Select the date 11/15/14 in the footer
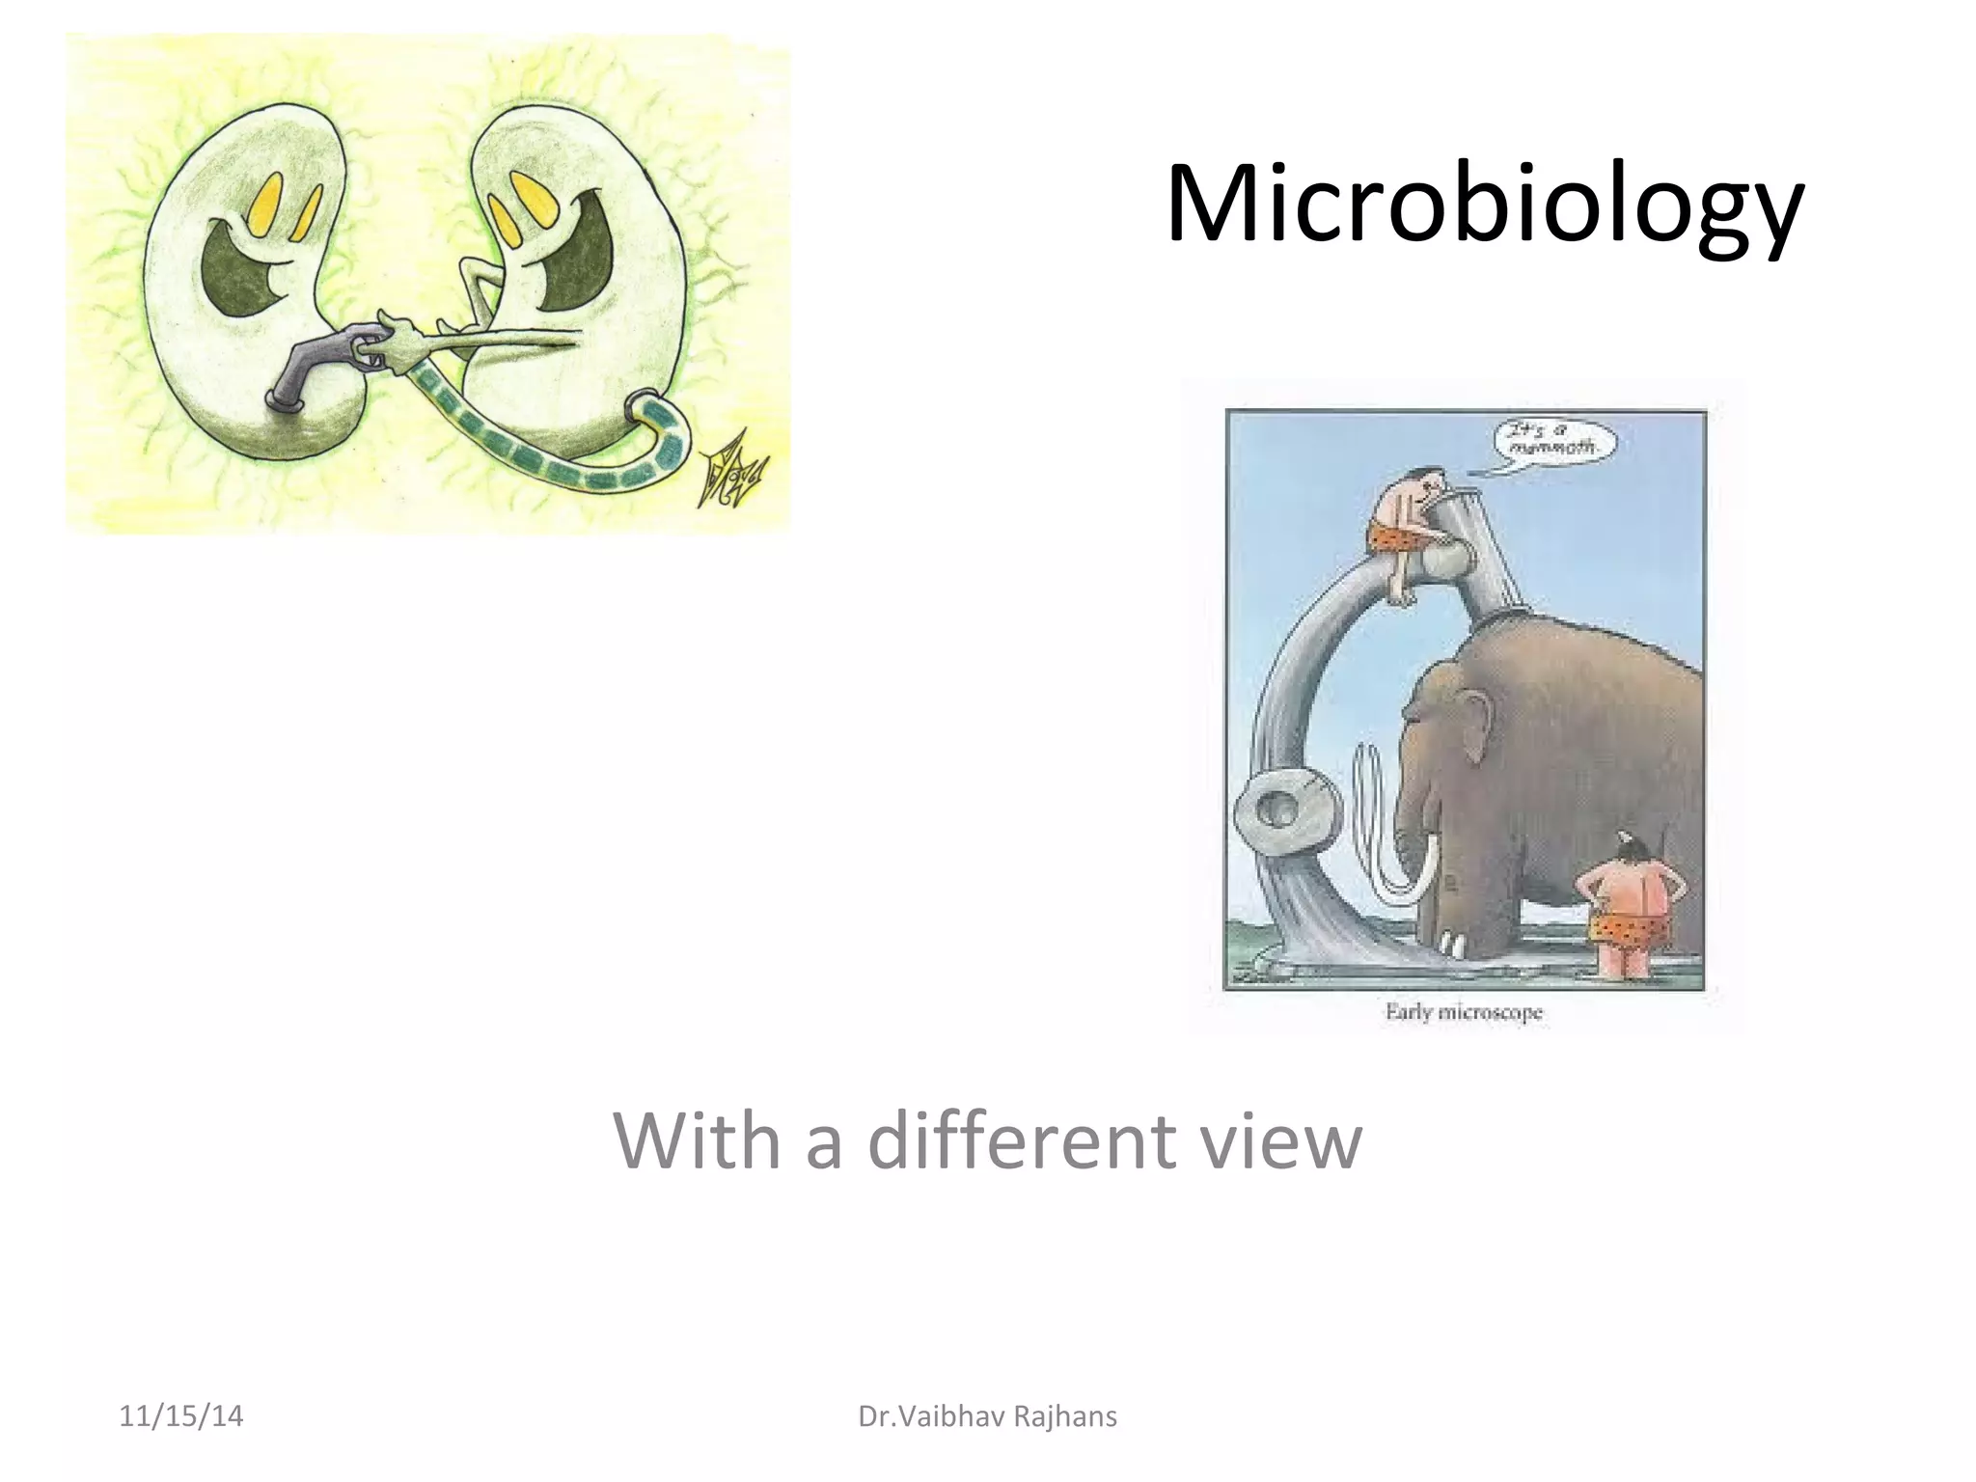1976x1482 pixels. click(181, 1416)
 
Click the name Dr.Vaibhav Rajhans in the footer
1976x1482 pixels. click(987, 1416)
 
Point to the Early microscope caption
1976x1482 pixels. click(1464, 1012)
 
